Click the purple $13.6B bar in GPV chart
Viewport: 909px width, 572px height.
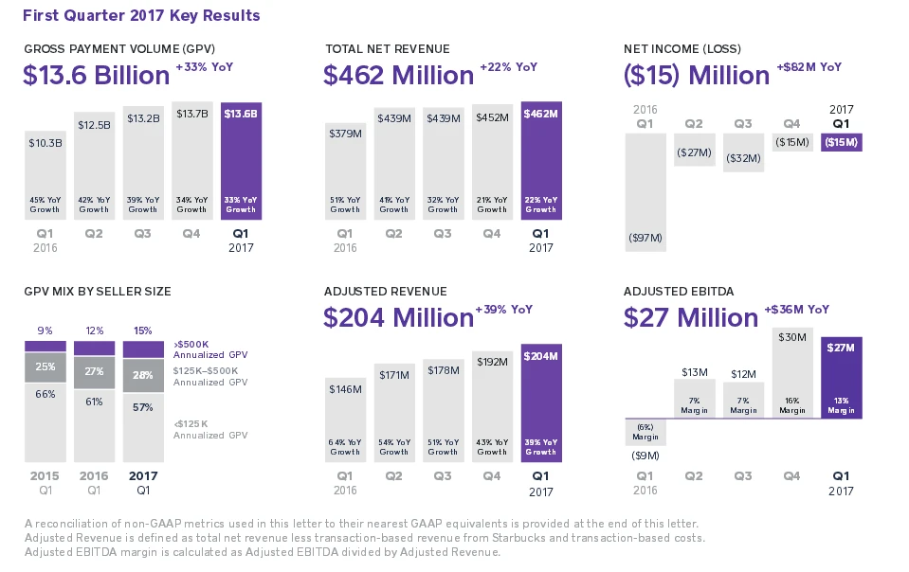pyautogui.click(x=241, y=161)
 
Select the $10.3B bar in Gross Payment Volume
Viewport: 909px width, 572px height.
pyautogui.click(x=45, y=175)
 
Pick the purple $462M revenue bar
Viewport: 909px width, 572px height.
pyautogui.click(x=540, y=161)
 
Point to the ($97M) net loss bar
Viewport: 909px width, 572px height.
pyautogui.click(x=645, y=192)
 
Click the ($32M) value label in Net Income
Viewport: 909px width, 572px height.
pyautogui.click(x=744, y=158)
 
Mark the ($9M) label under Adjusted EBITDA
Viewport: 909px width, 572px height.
pyautogui.click(x=645, y=456)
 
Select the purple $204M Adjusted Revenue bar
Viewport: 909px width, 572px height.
pyautogui.click(x=540, y=402)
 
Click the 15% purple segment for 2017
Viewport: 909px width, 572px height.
pyautogui.click(x=143, y=349)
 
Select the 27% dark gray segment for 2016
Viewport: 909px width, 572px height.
pyautogui.click(x=94, y=372)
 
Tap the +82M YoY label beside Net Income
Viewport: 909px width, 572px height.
pyautogui.click(x=809, y=67)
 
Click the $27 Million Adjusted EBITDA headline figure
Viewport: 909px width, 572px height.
pyautogui.click(x=690, y=317)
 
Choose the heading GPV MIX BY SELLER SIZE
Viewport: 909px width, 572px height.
pyautogui.click(x=98, y=291)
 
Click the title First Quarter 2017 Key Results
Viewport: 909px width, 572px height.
pyautogui.click(x=141, y=16)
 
